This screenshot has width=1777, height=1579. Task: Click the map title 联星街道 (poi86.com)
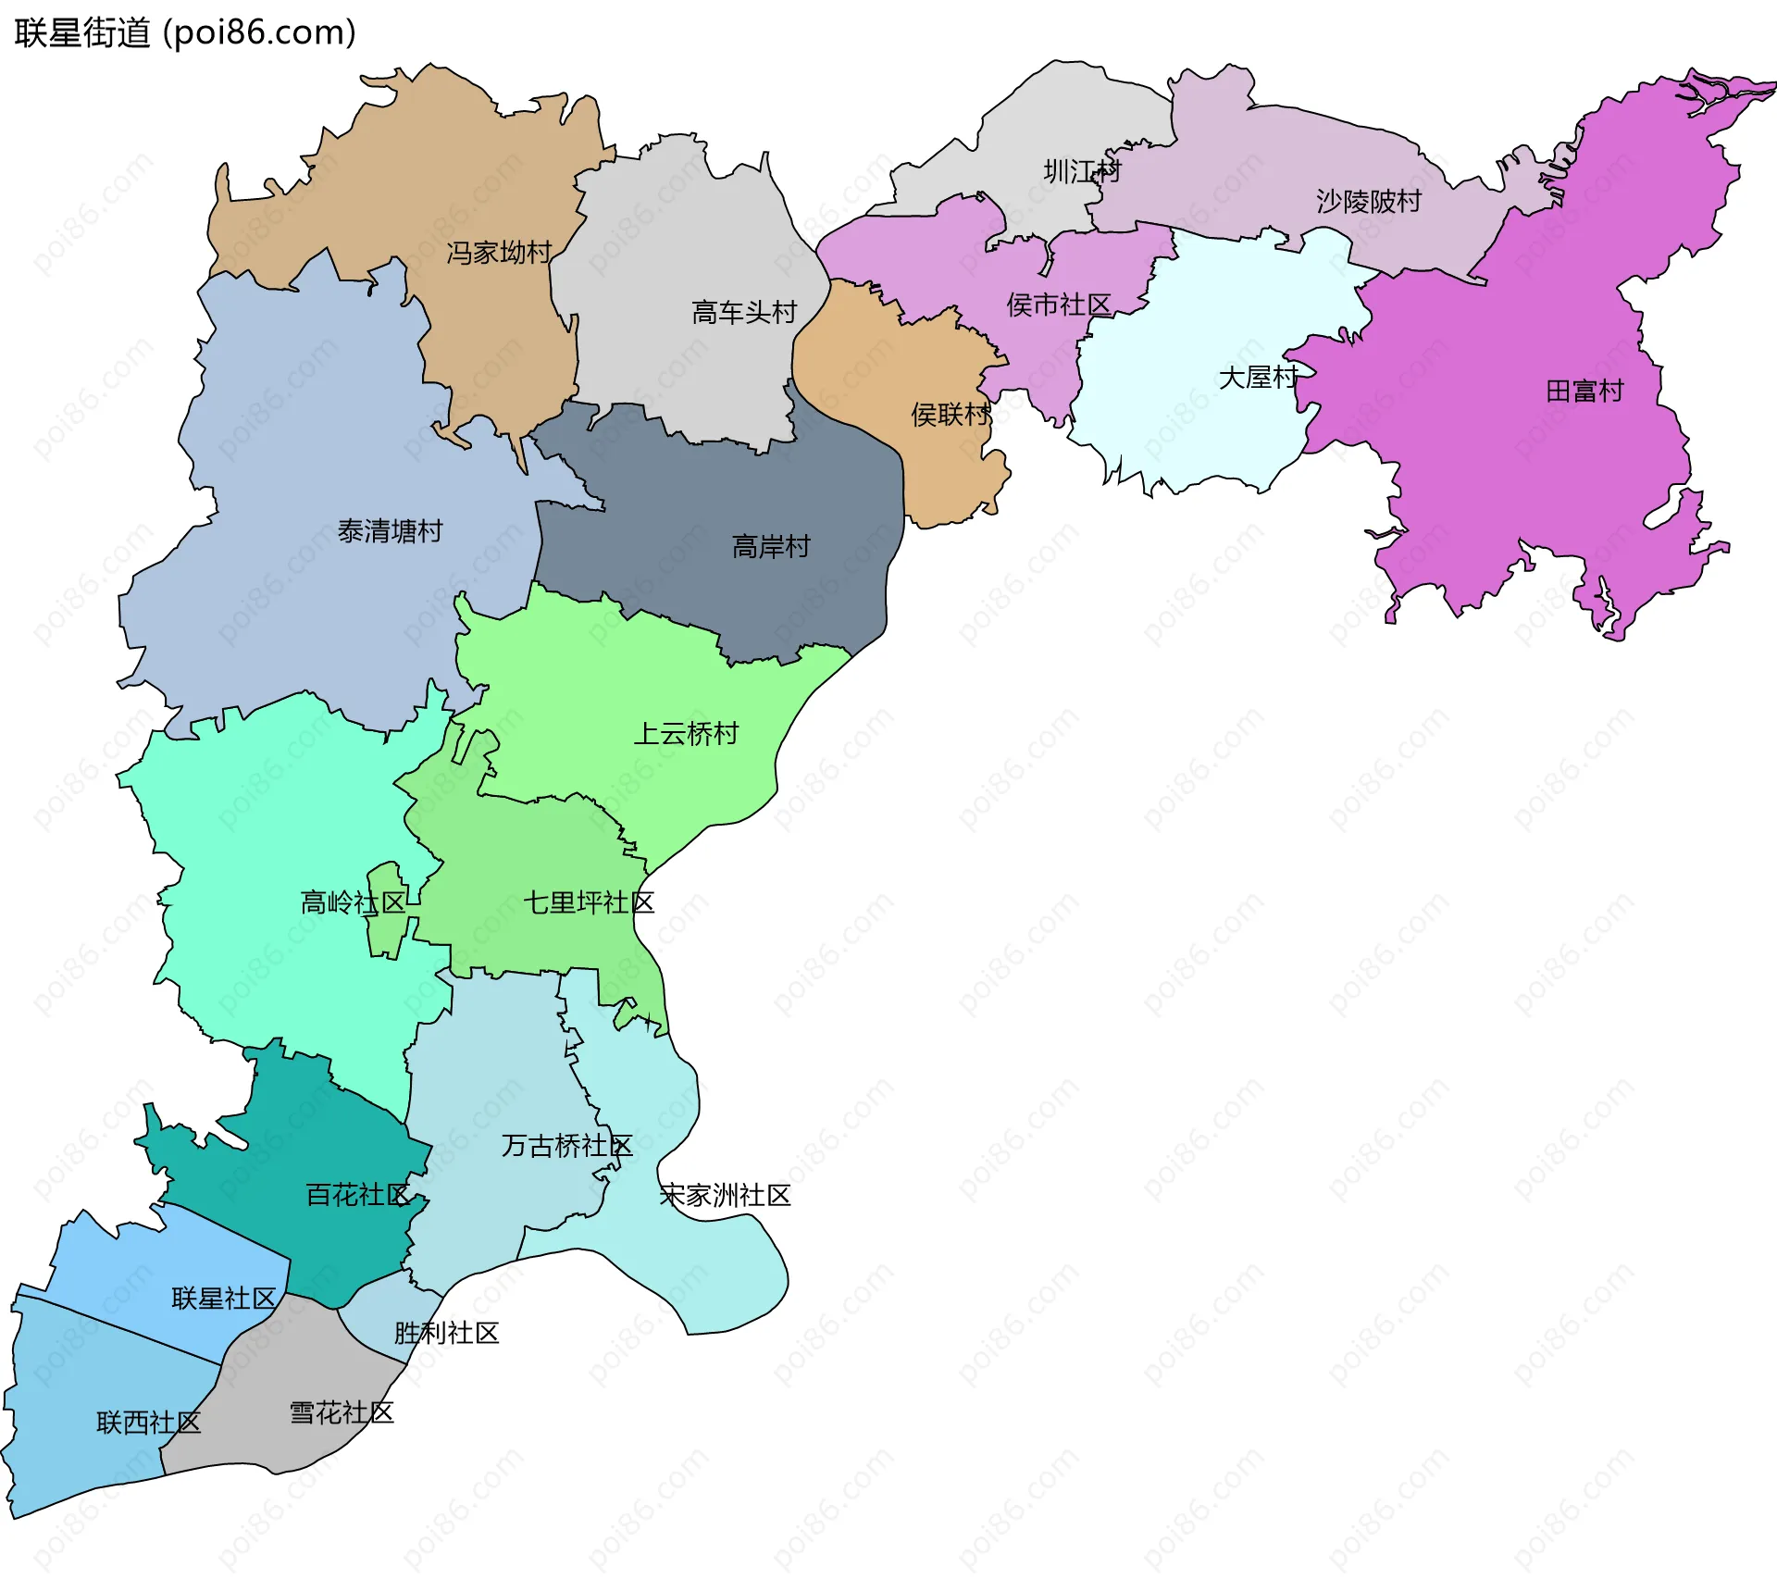pyautogui.click(x=185, y=33)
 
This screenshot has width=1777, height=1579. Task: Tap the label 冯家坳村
pyautogui.click(x=499, y=253)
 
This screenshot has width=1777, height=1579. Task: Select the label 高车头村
pyautogui.click(x=744, y=313)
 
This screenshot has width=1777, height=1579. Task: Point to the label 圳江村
pyautogui.click(x=1082, y=171)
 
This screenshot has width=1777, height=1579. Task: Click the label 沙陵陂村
pyautogui.click(x=1368, y=202)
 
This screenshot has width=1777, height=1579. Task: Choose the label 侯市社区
pyautogui.click(x=1059, y=305)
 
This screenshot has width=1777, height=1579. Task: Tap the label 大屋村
pyautogui.click(x=1258, y=378)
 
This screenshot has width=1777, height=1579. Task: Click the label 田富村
pyautogui.click(x=1584, y=392)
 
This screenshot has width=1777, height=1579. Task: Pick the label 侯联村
pyautogui.click(x=951, y=415)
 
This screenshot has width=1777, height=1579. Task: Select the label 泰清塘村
pyautogui.click(x=390, y=531)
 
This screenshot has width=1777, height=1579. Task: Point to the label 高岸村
pyautogui.click(x=771, y=547)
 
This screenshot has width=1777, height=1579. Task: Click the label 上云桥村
pyautogui.click(x=686, y=734)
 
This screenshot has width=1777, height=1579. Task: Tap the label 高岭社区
pyautogui.click(x=353, y=902)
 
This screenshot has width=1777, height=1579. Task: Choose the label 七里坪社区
pyautogui.click(x=589, y=902)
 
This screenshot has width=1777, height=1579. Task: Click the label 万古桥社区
pyautogui.click(x=566, y=1146)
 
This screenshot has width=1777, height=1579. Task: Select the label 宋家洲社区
pyautogui.click(x=725, y=1196)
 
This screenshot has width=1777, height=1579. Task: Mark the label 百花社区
pyautogui.click(x=357, y=1195)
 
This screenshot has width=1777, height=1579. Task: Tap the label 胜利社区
pyautogui.click(x=446, y=1333)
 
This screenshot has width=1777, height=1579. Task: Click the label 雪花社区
pyautogui.click(x=342, y=1412)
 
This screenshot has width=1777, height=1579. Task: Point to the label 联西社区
pyautogui.click(x=148, y=1423)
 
